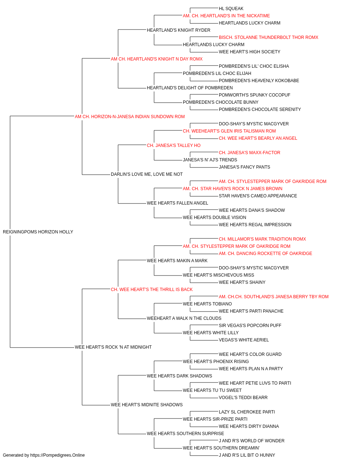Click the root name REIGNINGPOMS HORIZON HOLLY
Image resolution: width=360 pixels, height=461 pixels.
pos(38,232)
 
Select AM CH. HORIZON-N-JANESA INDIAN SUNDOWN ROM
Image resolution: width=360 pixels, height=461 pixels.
pos(130,117)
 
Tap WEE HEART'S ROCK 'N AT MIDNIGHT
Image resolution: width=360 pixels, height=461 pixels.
pos(113,347)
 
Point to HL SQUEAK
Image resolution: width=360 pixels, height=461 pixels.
pos(231,9)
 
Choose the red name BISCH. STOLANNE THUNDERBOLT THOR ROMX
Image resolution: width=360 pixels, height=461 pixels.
pos(269,37)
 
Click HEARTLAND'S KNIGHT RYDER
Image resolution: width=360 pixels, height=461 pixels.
pos(179,30)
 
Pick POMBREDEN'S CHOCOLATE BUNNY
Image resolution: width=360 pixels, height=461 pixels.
pos(221,102)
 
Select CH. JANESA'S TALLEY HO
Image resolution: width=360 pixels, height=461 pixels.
pos(174,146)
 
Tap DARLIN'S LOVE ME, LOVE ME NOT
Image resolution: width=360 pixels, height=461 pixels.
pos(147,174)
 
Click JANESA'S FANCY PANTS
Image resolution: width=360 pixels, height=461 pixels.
pos(244,167)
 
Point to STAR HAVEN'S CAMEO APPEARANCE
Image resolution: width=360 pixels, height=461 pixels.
pos(258,196)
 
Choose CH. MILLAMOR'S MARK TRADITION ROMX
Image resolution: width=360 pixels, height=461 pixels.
pos(262,239)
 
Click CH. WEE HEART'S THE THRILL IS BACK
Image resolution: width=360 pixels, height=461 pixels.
pos(152,290)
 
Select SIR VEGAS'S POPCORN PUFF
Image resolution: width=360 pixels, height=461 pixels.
pos(250,326)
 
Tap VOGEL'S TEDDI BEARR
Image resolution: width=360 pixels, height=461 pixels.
pos(243,398)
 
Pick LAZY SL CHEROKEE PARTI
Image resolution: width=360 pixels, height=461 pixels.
pos(247,412)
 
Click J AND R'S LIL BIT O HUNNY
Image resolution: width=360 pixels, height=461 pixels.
pos(247,455)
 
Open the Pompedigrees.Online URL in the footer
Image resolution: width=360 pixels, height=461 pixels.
pos(58,455)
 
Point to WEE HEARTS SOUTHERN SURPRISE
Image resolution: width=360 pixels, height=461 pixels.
pos(185,434)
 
